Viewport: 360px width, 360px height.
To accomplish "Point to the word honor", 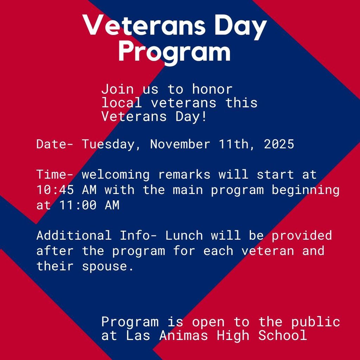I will (x=212, y=89).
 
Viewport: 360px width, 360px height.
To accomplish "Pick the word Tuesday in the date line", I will (x=109, y=144).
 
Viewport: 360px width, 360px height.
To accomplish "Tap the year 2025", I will (x=279, y=144).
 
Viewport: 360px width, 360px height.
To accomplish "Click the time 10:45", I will (x=55, y=190).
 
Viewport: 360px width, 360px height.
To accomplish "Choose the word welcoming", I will (x=116, y=175).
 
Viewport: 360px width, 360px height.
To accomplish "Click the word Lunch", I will (x=184, y=236).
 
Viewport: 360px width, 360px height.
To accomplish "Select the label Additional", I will (x=74, y=236).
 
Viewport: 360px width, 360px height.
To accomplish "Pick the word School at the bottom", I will (x=283, y=335).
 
